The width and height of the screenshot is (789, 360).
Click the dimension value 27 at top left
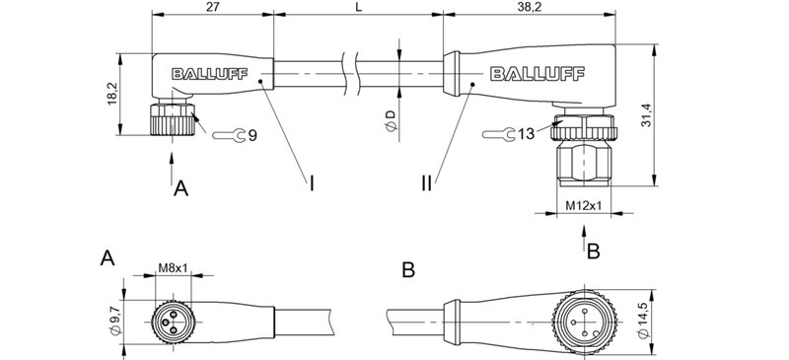point(211,8)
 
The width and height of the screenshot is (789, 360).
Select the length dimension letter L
point(358,8)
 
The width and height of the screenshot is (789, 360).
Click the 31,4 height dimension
point(677,114)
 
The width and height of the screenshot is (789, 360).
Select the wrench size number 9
point(253,135)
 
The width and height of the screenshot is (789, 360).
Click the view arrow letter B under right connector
point(593,252)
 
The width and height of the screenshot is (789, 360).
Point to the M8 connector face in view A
point(174,317)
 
